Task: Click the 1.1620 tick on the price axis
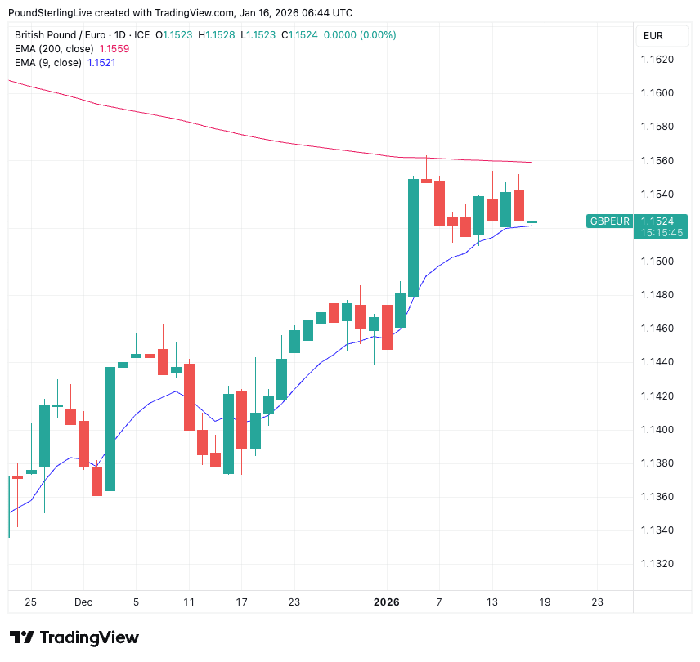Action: pyautogui.click(x=657, y=60)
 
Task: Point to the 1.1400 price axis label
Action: pyautogui.click(x=657, y=430)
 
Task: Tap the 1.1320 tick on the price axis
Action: pyautogui.click(x=657, y=564)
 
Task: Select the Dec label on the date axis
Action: pyautogui.click(x=83, y=602)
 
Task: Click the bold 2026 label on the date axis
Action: pyautogui.click(x=386, y=602)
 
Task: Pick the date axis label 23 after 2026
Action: pyautogui.click(x=597, y=602)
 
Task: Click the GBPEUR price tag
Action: pyautogui.click(x=610, y=221)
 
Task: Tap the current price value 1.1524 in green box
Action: pyautogui.click(x=657, y=221)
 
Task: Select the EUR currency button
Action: pyautogui.click(x=653, y=36)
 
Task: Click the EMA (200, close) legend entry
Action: pyautogui.click(x=54, y=49)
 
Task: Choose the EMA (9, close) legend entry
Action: pyautogui.click(x=48, y=63)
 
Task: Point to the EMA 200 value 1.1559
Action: pyautogui.click(x=114, y=49)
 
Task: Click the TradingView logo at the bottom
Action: pyautogui.click(x=74, y=637)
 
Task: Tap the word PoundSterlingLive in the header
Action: pyautogui.click(x=52, y=13)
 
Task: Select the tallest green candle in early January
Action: pyautogui.click(x=413, y=237)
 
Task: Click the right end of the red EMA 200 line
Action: pyautogui.click(x=532, y=162)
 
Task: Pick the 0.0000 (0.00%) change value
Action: pyautogui.click(x=360, y=35)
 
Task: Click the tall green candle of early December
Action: pyautogui.click(x=110, y=429)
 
